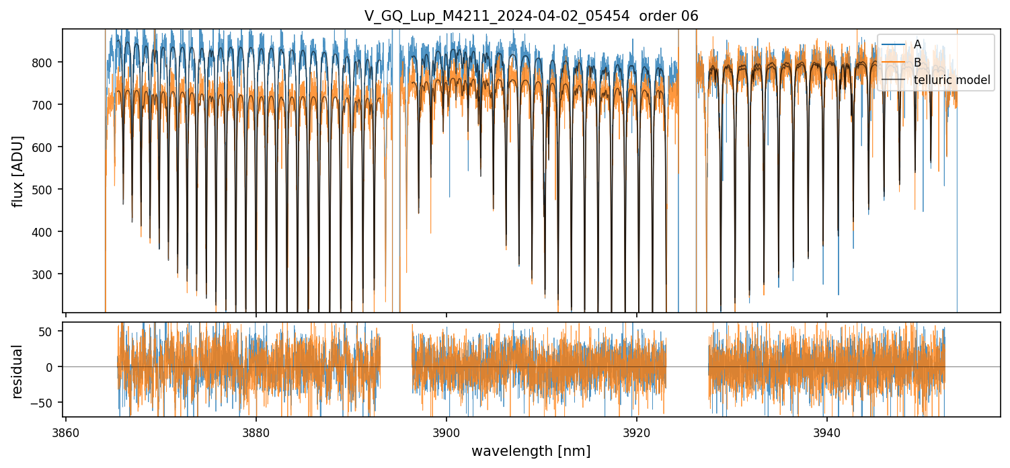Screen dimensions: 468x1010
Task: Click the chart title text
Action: click(x=531, y=16)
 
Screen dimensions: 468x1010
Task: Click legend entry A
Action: click(x=917, y=44)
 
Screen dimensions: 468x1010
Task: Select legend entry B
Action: click(x=917, y=63)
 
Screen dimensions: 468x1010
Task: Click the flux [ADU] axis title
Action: click(x=18, y=171)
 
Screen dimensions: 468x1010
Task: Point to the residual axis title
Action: click(x=18, y=371)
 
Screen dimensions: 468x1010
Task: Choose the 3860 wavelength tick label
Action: click(x=65, y=432)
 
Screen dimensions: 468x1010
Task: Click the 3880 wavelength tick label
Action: click(x=256, y=432)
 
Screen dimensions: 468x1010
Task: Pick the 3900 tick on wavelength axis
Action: click(x=446, y=432)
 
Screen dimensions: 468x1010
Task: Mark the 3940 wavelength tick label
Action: click(x=826, y=432)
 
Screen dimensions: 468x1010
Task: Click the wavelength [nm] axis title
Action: click(x=531, y=451)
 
